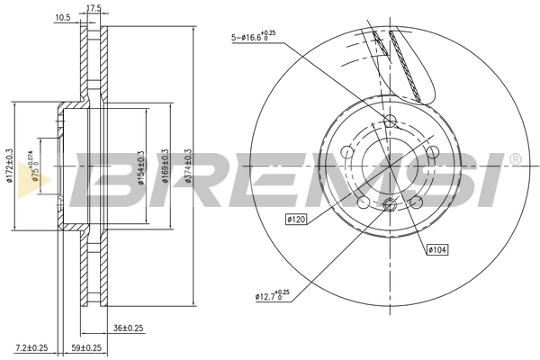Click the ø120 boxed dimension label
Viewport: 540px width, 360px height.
(298, 219)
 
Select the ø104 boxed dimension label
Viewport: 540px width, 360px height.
(438, 249)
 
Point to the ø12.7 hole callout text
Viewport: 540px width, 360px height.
(271, 294)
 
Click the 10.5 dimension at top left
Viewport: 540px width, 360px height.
(63, 15)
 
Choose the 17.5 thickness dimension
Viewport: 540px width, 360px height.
(92, 8)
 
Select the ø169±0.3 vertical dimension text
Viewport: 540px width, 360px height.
(165, 166)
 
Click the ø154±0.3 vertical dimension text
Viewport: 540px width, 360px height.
(140, 166)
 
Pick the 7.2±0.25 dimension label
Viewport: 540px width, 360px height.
(31, 347)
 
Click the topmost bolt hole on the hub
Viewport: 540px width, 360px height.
(390, 121)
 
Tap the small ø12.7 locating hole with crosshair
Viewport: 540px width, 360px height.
(390, 208)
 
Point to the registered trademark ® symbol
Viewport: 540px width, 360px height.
(514, 159)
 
